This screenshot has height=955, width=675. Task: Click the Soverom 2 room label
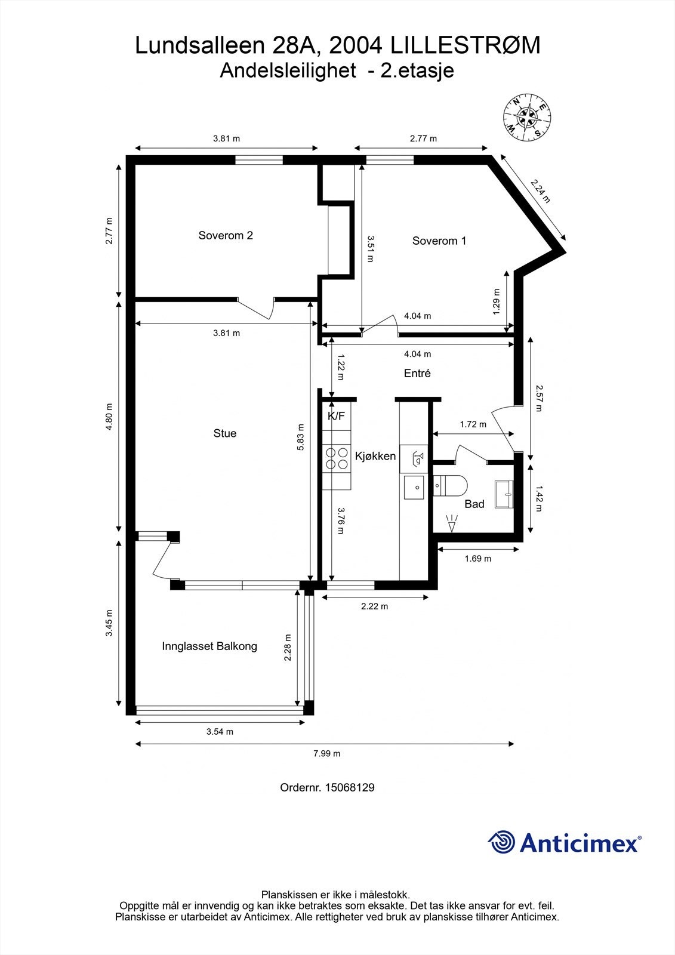click(225, 235)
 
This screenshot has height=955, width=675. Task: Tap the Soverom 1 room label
click(439, 241)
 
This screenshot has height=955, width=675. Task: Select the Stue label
click(224, 433)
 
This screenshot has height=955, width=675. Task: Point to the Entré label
click(417, 373)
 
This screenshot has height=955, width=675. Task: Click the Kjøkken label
click(375, 456)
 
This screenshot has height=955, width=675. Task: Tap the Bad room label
click(474, 504)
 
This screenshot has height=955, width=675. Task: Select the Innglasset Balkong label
click(209, 646)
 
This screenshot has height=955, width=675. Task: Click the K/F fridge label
click(337, 416)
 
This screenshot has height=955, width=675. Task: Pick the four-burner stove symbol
click(336, 458)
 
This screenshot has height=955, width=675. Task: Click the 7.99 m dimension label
click(326, 753)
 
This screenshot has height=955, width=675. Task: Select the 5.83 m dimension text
click(301, 437)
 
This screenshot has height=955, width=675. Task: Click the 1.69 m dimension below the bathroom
click(477, 559)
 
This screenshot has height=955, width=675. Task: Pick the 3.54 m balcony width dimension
click(220, 732)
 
